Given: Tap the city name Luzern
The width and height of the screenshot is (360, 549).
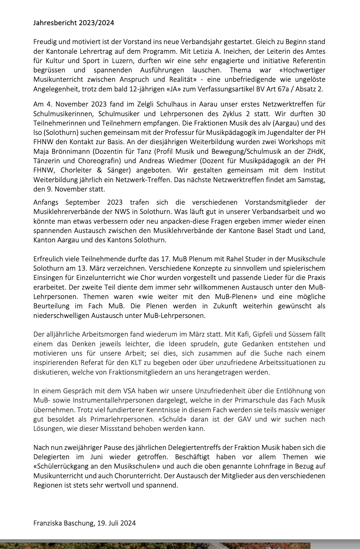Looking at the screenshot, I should point(124,61).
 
